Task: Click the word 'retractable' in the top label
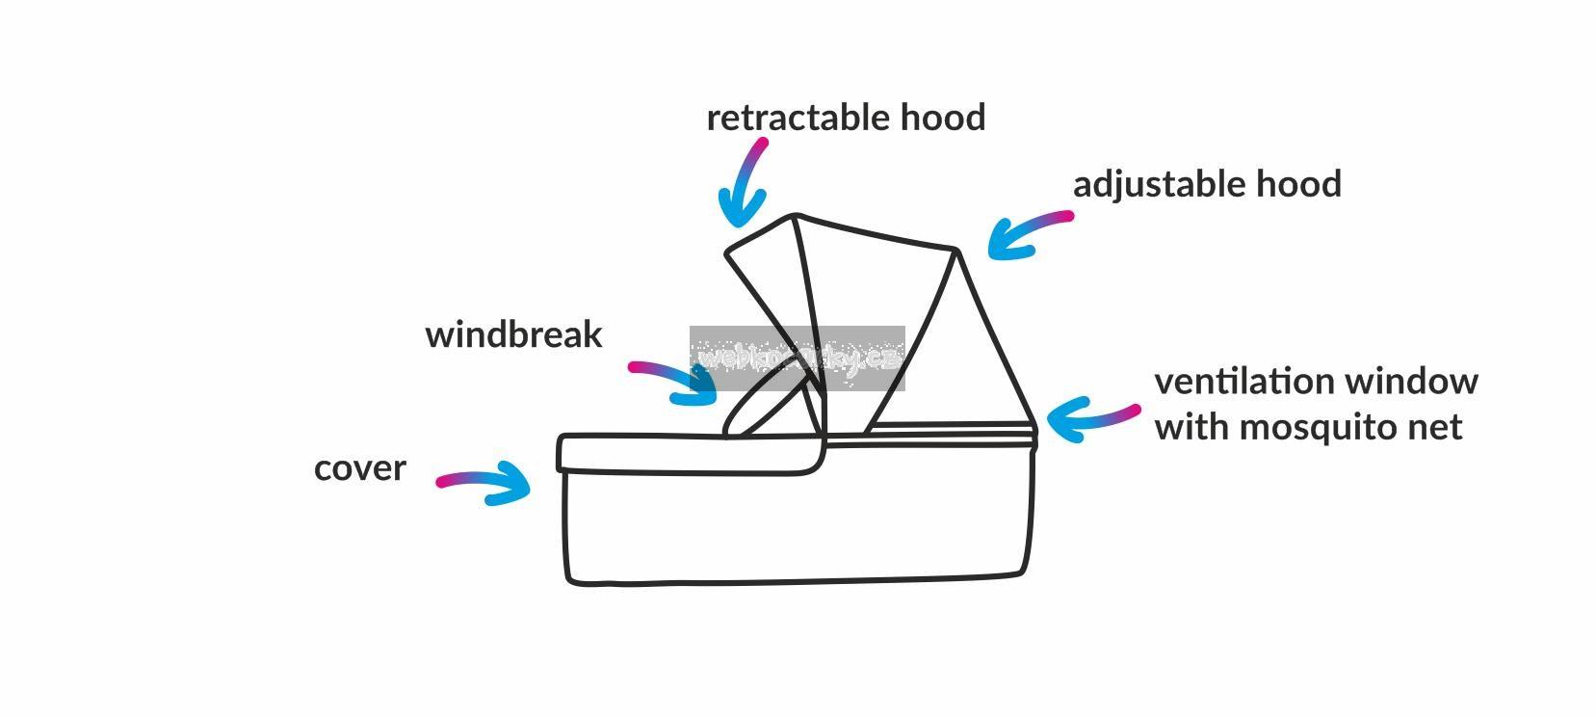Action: point(799,118)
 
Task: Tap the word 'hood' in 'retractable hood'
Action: point(943,118)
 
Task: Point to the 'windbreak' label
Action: point(513,334)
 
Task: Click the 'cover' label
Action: point(360,468)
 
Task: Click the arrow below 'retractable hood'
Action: point(745,183)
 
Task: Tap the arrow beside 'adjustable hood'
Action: point(1027,234)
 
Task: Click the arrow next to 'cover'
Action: point(486,482)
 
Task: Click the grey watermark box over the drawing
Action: point(797,359)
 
